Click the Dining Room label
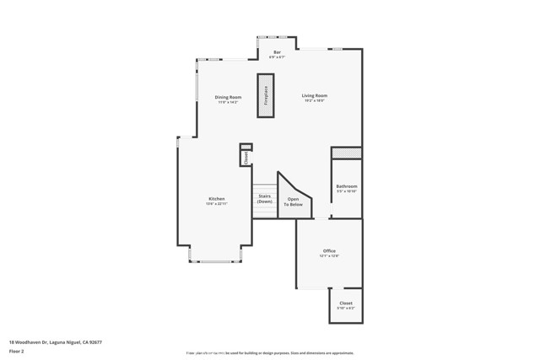point(228,97)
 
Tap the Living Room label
point(314,95)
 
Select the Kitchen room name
point(217,199)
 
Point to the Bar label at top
point(277,52)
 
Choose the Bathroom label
point(346,186)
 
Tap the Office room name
point(329,250)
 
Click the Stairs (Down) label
point(265,199)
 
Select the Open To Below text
point(293,202)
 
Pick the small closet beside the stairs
point(246,156)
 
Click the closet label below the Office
point(346,303)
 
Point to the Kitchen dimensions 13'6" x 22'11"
point(217,204)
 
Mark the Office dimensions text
point(329,255)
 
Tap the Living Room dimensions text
point(314,101)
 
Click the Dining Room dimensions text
point(228,102)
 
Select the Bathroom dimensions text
point(346,191)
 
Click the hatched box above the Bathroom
point(346,153)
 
